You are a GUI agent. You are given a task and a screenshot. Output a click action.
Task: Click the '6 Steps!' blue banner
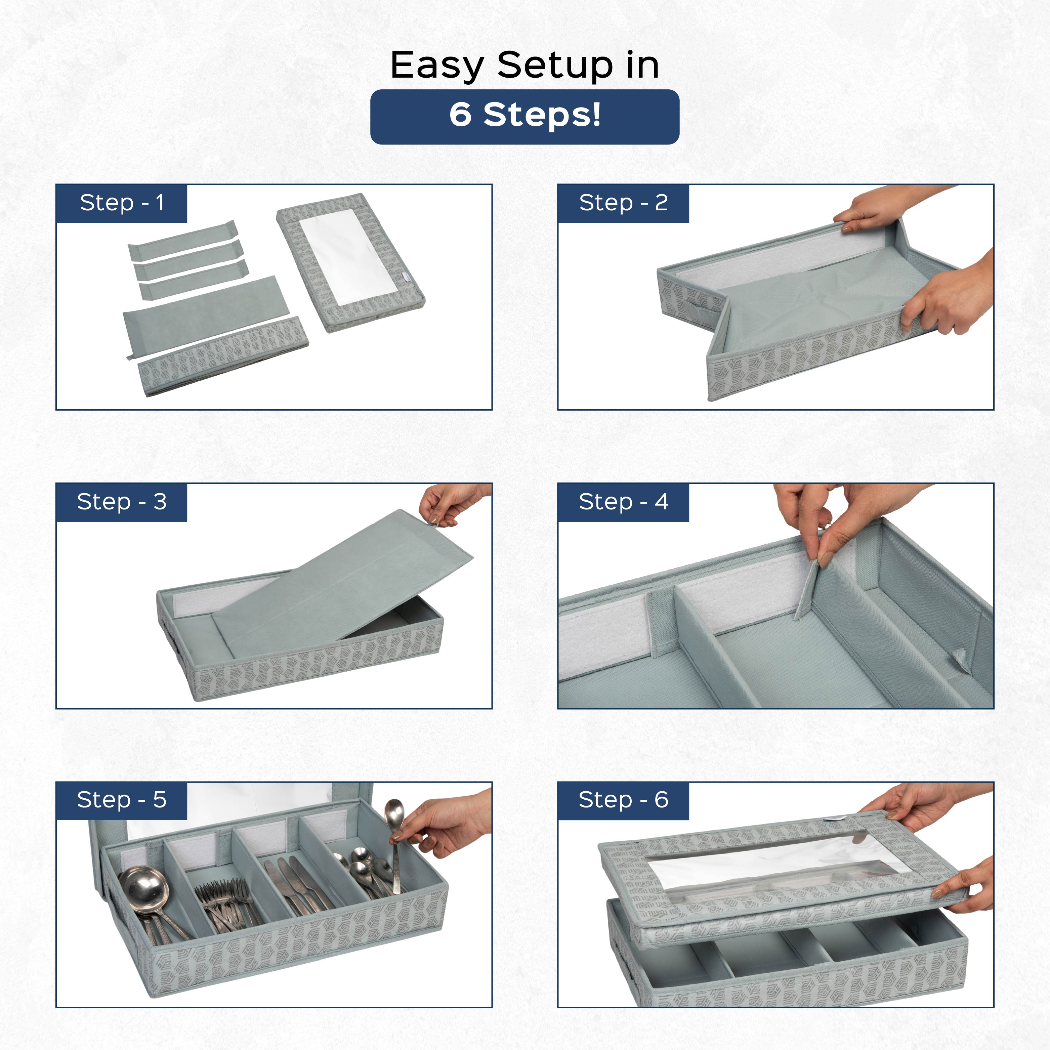[x=524, y=116]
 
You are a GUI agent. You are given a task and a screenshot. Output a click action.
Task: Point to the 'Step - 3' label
[x=121, y=502]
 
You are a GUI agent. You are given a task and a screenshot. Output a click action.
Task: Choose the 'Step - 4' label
[x=623, y=502]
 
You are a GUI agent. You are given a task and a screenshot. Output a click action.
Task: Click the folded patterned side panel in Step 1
[x=223, y=356]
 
